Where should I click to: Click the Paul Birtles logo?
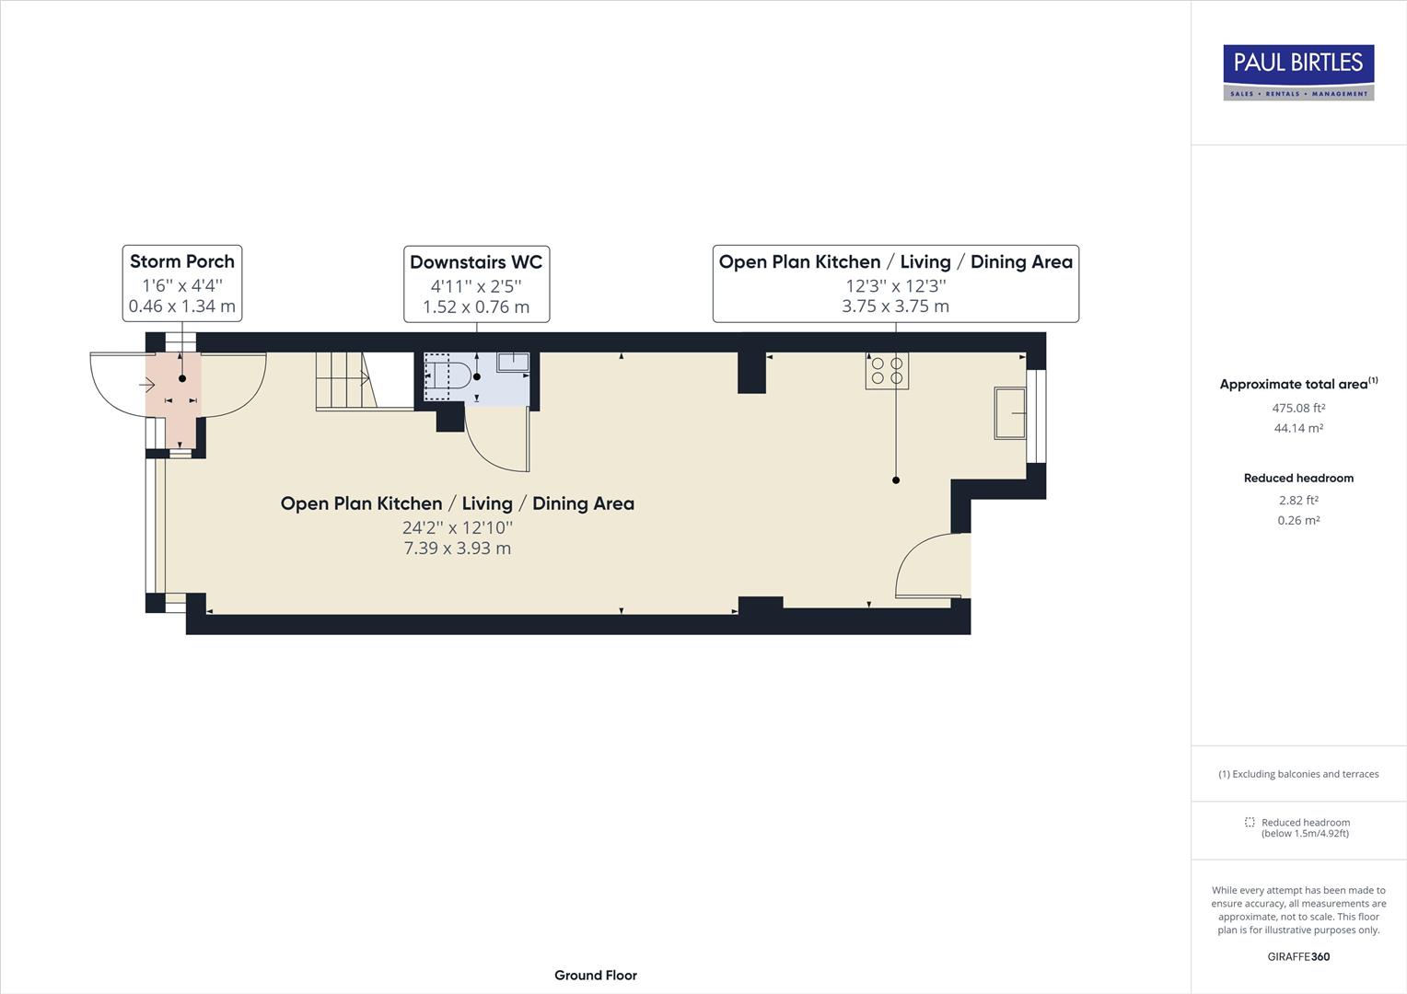coord(1298,72)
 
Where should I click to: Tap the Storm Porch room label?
coord(182,261)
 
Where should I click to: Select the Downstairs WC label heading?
coord(476,261)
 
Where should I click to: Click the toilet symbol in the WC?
coord(451,376)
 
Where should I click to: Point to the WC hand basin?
coord(513,362)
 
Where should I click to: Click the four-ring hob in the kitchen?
coord(887,370)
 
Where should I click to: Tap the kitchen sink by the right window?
coord(1009,413)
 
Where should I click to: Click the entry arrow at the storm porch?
coord(146,386)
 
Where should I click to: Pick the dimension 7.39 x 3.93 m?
coord(457,549)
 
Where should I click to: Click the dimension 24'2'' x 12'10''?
coord(457,527)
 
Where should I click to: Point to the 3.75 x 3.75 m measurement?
coord(895,306)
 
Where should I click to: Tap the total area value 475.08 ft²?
coord(1298,408)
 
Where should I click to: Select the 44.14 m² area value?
coord(1298,428)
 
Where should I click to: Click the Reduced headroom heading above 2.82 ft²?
coord(1298,478)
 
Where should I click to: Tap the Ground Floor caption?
coord(595,976)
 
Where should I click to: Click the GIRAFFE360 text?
coord(1298,956)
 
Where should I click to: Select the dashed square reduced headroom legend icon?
coord(1250,822)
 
